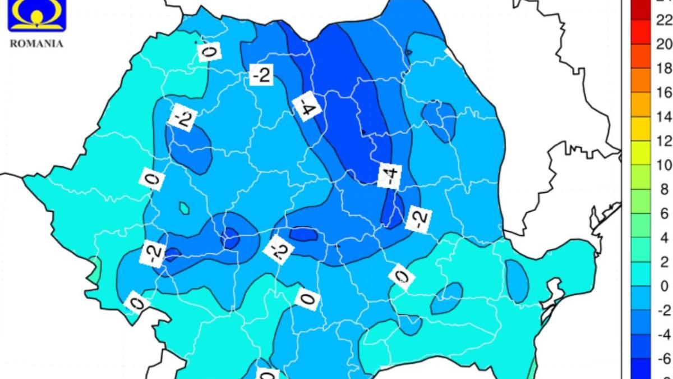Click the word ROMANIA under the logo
click(x=36, y=44)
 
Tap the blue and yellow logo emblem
click(x=36, y=15)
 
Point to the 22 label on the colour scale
click(x=663, y=20)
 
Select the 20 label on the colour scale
click(x=663, y=44)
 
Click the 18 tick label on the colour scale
click(x=663, y=69)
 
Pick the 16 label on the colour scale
click(x=663, y=93)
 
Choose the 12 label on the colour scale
click(x=663, y=141)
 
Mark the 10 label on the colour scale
click(x=663, y=165)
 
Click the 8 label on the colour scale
click(x=664, y=190)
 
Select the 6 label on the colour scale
click(x=664, y=214)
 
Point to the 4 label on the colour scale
click(x=664, y=238)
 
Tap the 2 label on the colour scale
click(x=664, y=262)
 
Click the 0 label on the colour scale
click(x=664, y=286)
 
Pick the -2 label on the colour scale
click(x=663, y=310)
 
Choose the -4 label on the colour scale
click(x=663, y=335)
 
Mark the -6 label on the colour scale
click(x=663, y=359)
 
